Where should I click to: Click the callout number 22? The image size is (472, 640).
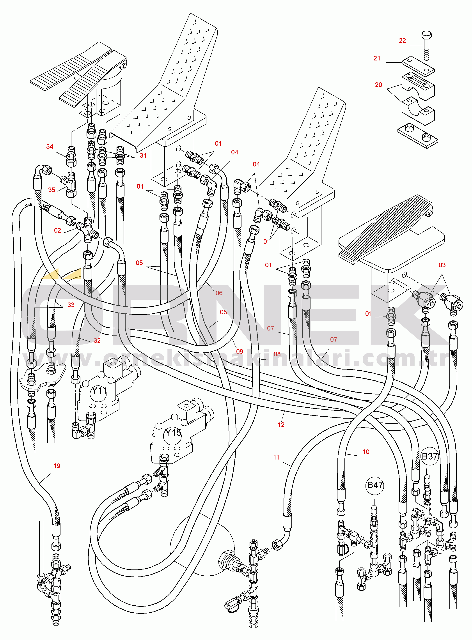(402, 41)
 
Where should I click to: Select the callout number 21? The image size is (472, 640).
(377, 58)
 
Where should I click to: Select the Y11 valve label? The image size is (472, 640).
(99, 390)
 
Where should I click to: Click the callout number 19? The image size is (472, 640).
(57, 466)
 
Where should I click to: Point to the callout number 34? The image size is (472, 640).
(50, 147)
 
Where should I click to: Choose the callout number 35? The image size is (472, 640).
(51, 190)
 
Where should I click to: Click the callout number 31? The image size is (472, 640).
(143, 155)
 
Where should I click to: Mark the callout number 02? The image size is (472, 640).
(57, 230)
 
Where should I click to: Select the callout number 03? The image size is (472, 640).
(442, 265)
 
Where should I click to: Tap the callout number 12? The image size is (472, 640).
(281, 425)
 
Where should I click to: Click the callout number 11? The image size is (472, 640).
(276, 457)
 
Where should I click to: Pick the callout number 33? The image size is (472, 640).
(71, 305)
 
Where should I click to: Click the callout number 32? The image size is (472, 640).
(97, 340)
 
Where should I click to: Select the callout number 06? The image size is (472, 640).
(219, 293)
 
